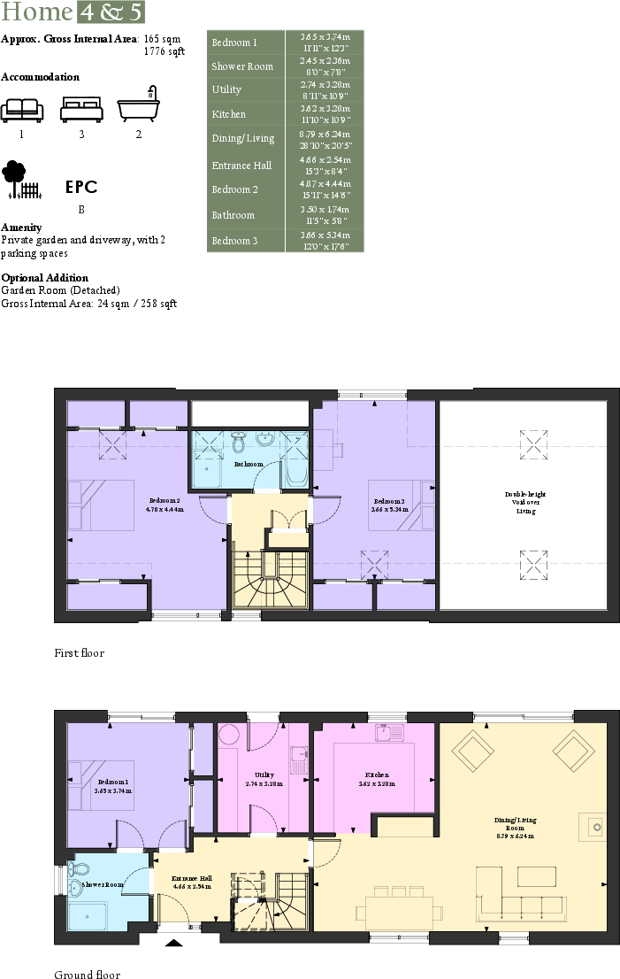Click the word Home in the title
(x=36, y=12)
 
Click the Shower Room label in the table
(x=242, y=66)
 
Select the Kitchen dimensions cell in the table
(x=325, y=113)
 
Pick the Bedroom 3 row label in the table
(x=234, y=241)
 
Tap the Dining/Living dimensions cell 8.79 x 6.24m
(x=325, y=138)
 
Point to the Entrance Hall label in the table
(x=241, y=166)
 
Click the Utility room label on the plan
(x=263, y=779)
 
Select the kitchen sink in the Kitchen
(x=388, y=733)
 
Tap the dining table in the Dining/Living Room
(x=399, y=911)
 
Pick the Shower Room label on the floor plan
(x=103, y=884)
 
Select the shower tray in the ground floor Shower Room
(x=88, y=916)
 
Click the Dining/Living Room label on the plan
(x=514, y=825)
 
